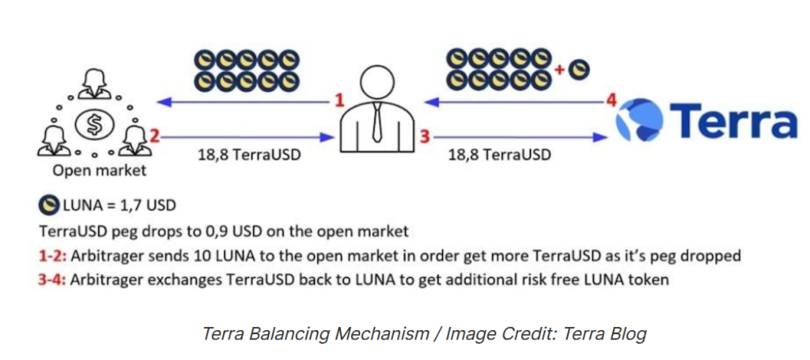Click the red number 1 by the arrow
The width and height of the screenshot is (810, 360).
(339, 100)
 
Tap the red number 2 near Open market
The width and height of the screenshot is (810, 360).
(155, 136)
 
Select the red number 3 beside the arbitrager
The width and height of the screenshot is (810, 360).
(424, 137)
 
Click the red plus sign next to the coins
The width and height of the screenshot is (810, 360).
(559, 70)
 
